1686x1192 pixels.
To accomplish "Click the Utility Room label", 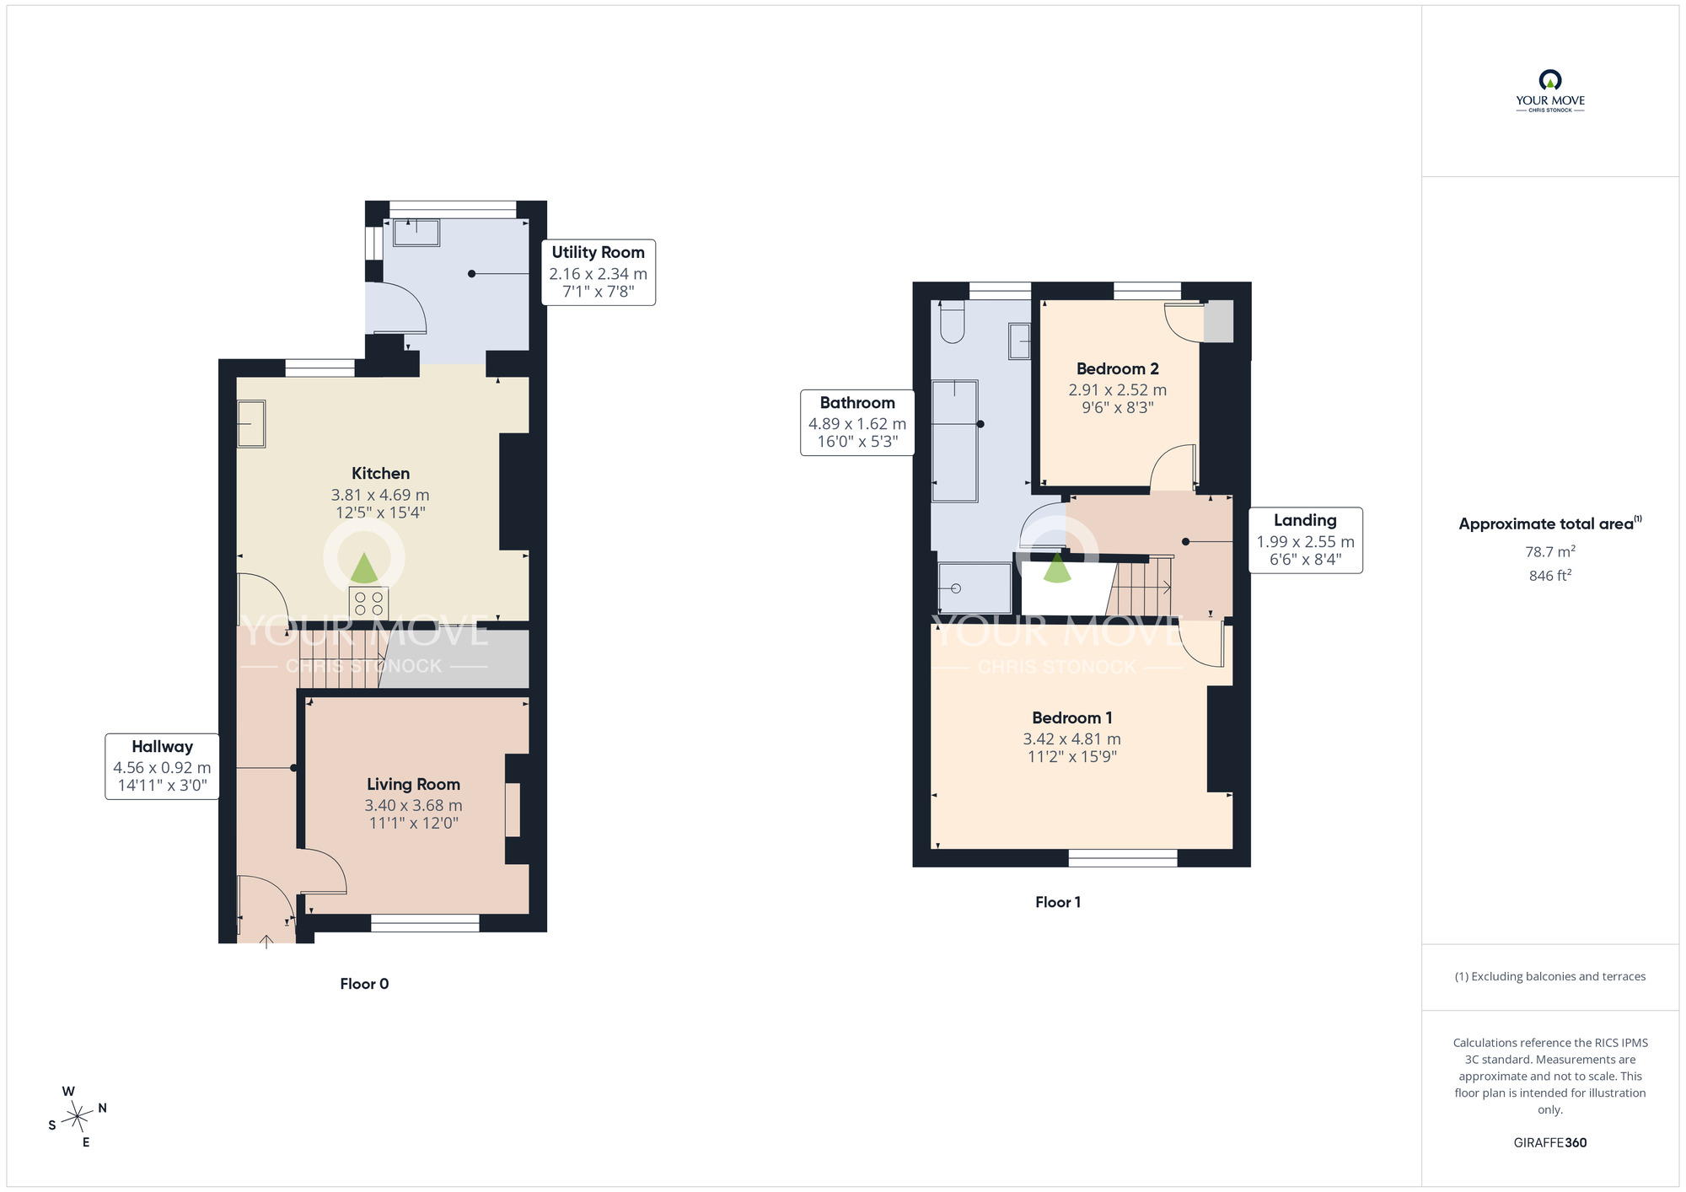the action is click(598, 252).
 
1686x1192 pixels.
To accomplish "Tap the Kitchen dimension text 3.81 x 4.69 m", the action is click(380, 495).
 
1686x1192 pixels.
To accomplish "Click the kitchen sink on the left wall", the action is click(250, 423).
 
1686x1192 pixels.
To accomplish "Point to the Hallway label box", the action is click(162, 766).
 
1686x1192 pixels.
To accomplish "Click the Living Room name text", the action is click(413, 784).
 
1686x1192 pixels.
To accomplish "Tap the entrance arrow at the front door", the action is click(267, 942).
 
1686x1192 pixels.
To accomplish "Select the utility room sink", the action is click(416, 233).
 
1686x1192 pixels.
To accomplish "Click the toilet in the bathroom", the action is click(952, 321).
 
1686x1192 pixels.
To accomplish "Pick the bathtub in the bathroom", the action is click(955, 441).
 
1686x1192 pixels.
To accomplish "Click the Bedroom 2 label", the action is click(1118, 368).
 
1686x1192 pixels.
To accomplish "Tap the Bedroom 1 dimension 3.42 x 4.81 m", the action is click(1072, 738).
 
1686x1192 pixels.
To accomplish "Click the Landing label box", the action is click(1305, 540).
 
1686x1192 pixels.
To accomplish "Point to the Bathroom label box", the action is click(857, 422).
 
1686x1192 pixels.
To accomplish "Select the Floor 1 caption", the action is click(1058, 902).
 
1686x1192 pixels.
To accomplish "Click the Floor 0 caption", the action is click(364, 984).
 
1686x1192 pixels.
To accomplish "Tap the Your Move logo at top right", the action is click(1550, 91).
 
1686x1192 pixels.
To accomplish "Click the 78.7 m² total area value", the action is click(1550, 551).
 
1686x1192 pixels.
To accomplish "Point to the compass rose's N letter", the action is click(102, 1108).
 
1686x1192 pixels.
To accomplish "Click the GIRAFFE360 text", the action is click(1550, 1143).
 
